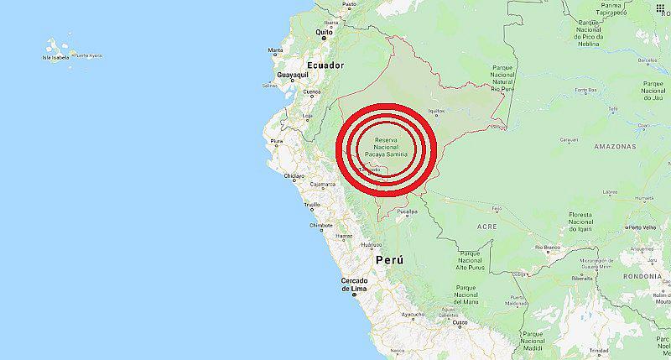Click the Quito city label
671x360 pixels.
pos(320,32)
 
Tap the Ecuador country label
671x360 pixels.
pos(326,65)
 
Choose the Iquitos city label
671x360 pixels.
pos(435,110)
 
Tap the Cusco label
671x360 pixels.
pos(459,321)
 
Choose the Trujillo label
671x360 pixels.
pos(313,204)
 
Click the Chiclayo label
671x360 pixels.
pos(293,176)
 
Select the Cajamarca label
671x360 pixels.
pos(323,183)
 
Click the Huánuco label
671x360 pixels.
pos(372,245)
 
